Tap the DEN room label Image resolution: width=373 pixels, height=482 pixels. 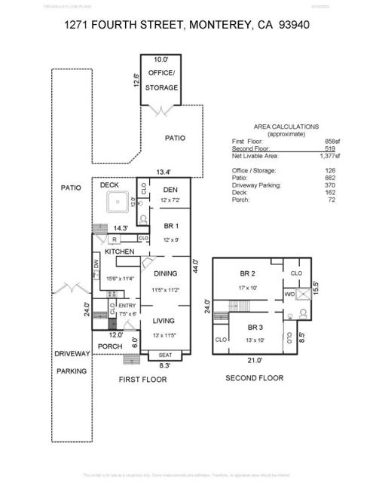pos(170,190)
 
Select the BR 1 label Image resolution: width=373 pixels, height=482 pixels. pos(170,226)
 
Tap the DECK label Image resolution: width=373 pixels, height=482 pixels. pos(109,185)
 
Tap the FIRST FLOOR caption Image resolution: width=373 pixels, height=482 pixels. pos(142,380)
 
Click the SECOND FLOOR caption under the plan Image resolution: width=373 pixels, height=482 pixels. pos(255,378)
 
